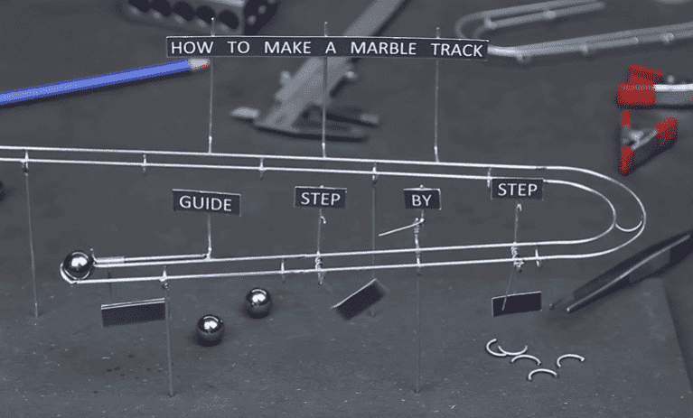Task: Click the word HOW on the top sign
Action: (x=192, y=47)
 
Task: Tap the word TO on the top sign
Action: (x=239, y=47)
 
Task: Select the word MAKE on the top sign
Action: (x=287, y=48)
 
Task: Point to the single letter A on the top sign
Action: (x=330, y=48)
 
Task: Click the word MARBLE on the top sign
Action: (x=383, y=49)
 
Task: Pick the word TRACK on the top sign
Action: (x=456, y=50)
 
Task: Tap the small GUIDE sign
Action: (x=206, y=202)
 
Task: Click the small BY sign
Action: (x=422, y=200)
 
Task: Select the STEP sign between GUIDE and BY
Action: (x=321, y=199)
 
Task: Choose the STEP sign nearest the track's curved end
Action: (x=517, y=190)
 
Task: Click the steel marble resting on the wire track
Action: (x=78, y=265)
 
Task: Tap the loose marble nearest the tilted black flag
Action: (x=258, y=302)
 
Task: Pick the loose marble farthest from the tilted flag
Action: (x=210, y=330)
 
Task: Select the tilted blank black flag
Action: (x=361, y=299)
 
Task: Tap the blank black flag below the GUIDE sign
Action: (x=134, y=312)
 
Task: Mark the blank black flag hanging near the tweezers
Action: (x=517, y=303)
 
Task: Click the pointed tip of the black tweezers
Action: (x=552, y=306)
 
